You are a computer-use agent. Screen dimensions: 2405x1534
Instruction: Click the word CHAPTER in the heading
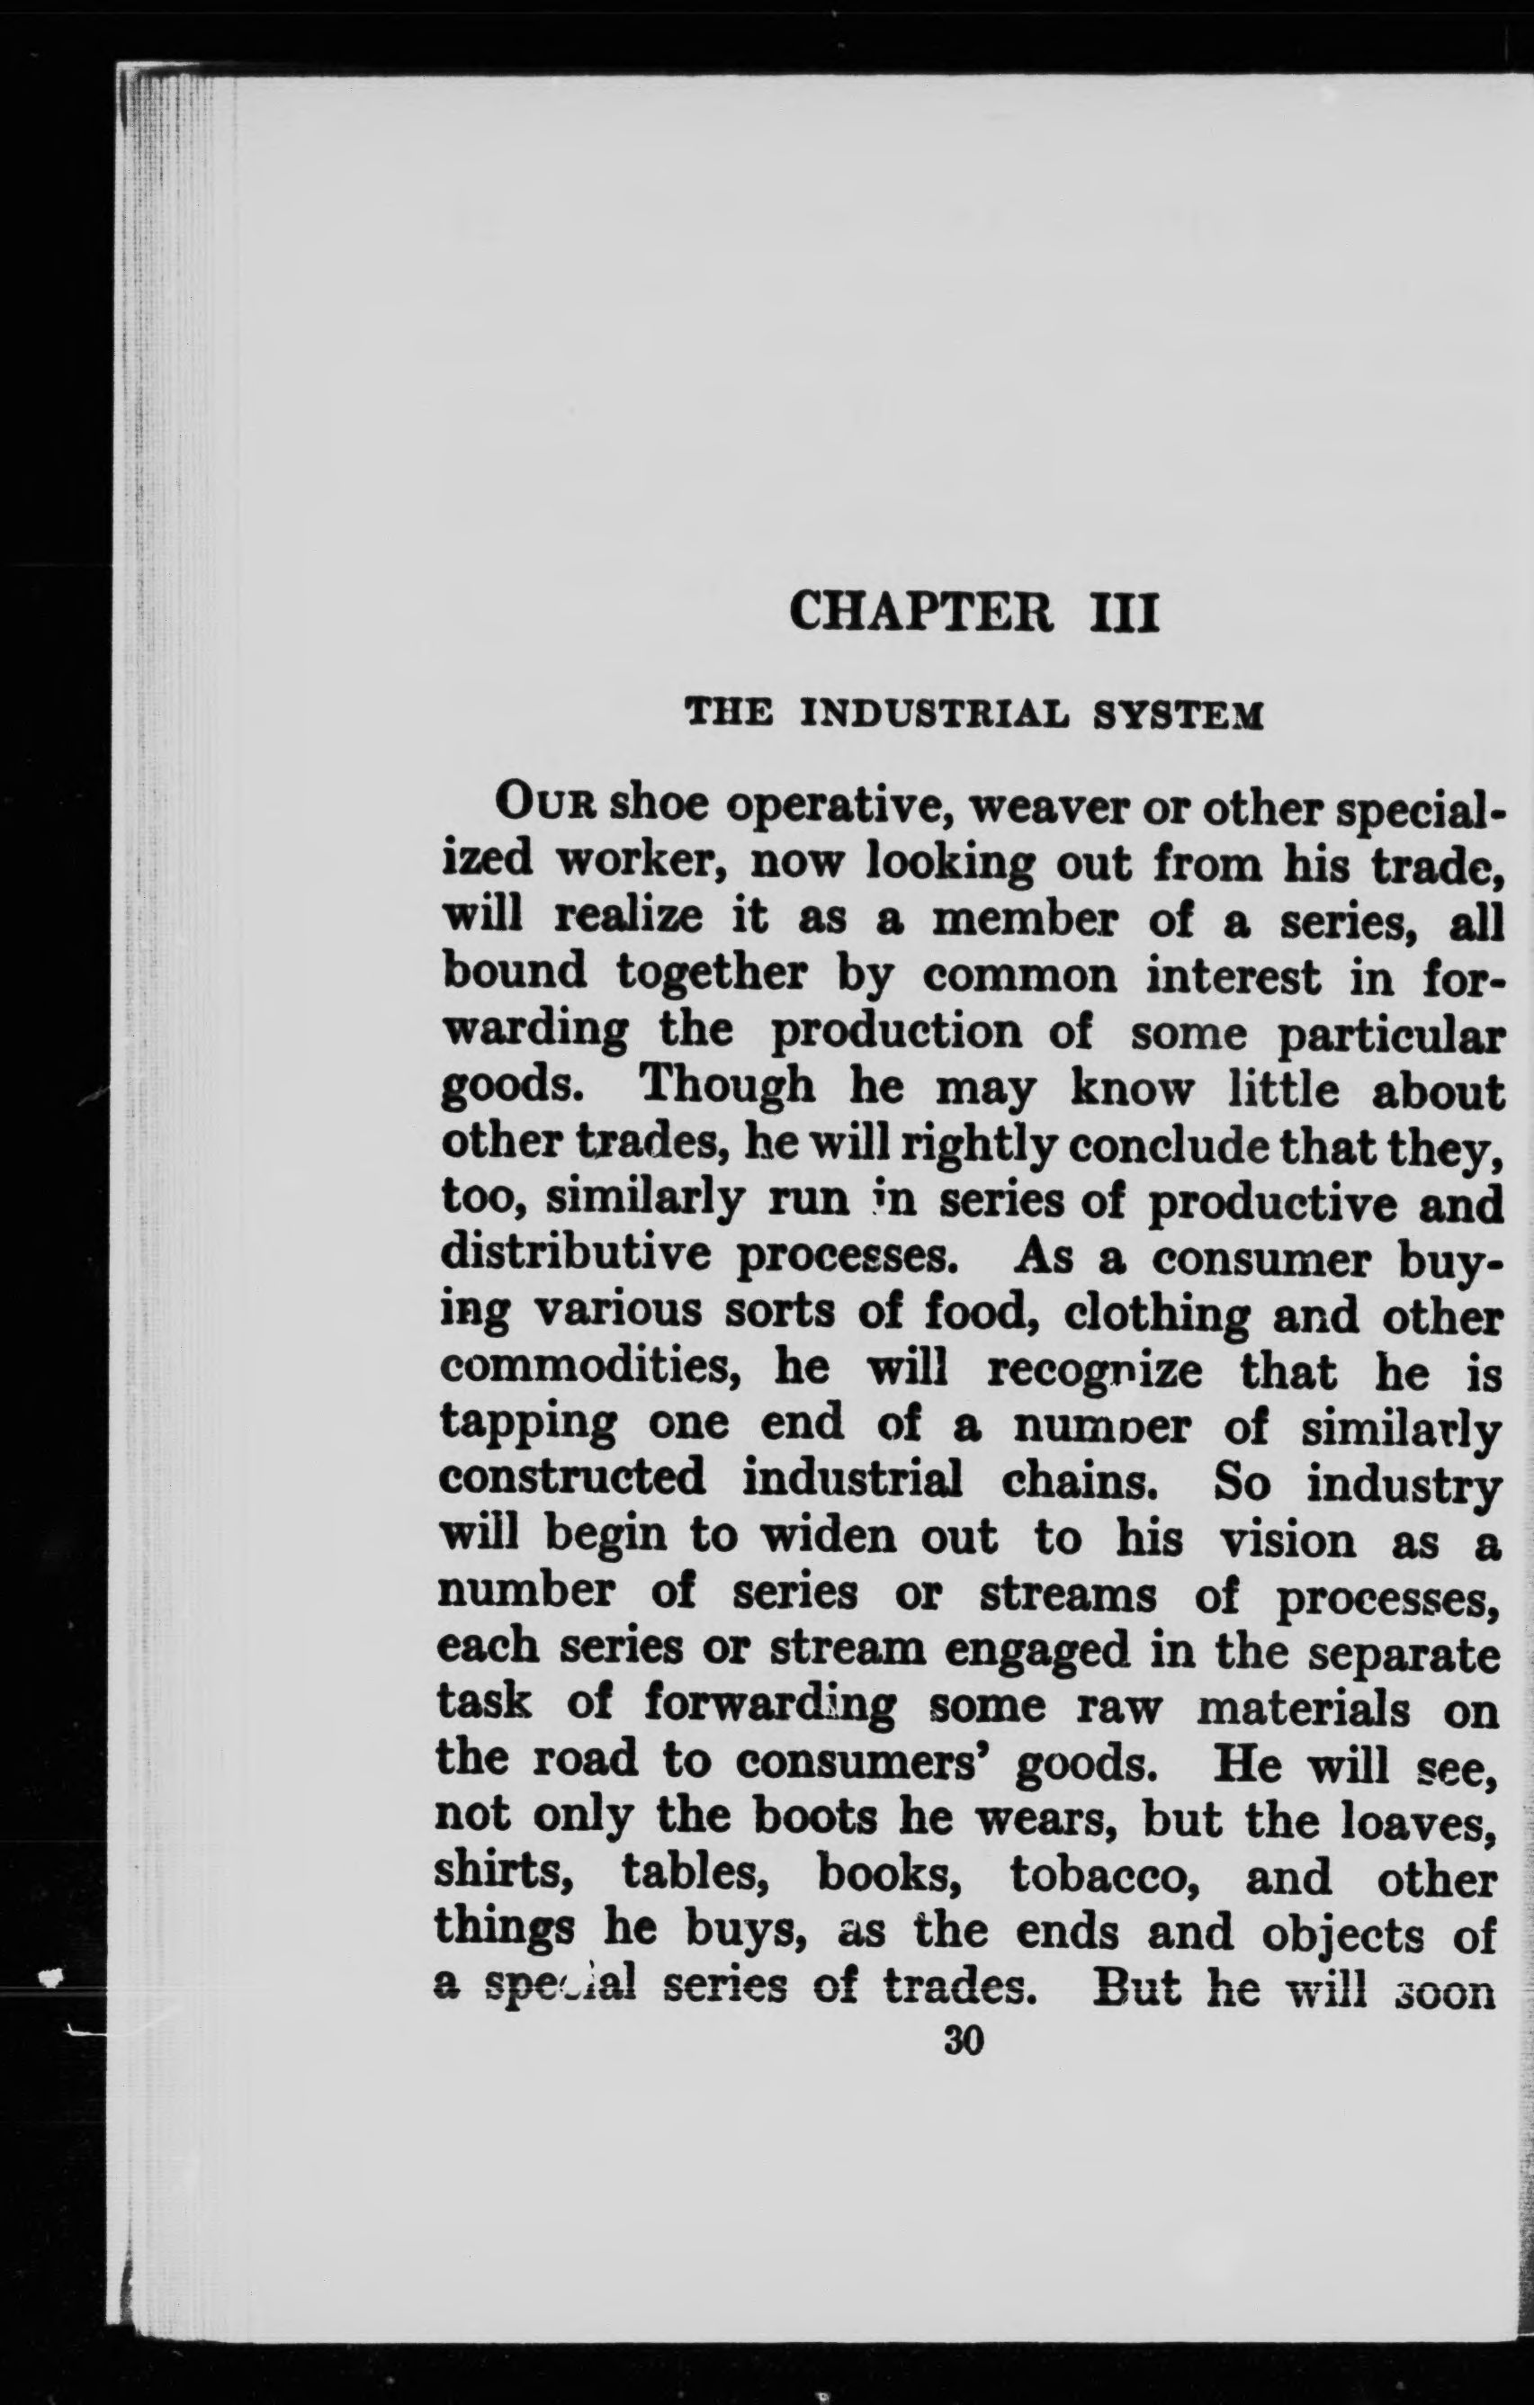tap(920, 612)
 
